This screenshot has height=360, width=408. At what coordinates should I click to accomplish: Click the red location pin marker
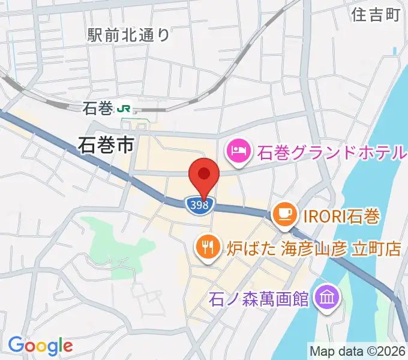[x=203, y=175]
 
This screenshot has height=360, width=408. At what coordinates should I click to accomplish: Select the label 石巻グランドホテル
[x=332, y=152]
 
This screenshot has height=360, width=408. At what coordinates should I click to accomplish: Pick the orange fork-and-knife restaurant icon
[x=208, y=247]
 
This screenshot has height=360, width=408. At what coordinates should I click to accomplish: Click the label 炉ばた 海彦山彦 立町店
[x=313, y=247]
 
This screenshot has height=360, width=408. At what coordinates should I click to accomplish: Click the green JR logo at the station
[x=125, y=109]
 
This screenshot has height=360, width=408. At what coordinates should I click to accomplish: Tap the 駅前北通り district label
[x=128, y=35]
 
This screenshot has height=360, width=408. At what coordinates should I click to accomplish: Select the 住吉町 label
[x=376, y=14]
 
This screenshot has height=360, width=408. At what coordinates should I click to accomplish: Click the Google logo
[x=40, y=345]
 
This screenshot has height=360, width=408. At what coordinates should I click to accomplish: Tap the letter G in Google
[x=16, y=345]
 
